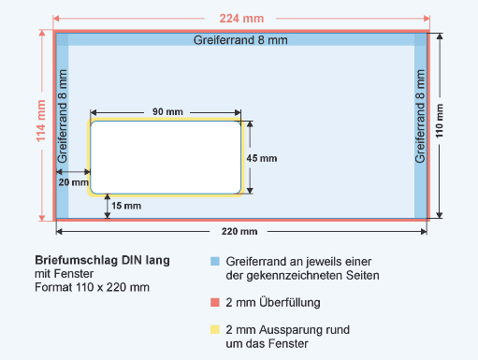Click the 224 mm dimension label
pos(241,19)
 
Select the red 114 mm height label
pos(41,121)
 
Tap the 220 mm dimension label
pos(239,232)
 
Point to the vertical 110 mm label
pos(439,121)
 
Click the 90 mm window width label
pos(167,111)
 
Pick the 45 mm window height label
pos(262,158)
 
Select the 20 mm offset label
pos(74,182)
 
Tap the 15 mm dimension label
pos(126,206)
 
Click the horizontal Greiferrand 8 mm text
pos(240,40)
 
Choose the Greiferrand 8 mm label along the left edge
pos(63,116)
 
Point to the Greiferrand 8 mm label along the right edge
pos(420,116)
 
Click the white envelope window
pos(166,157)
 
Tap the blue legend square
pos(215,261)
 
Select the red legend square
pos(215,302)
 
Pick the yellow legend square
pos(215,329)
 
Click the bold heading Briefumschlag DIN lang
pos(102,260)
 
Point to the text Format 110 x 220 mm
pos(92,287)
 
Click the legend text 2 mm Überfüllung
pos(273,302)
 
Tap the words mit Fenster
pos(64,274)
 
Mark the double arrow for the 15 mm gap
pos(108,206)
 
